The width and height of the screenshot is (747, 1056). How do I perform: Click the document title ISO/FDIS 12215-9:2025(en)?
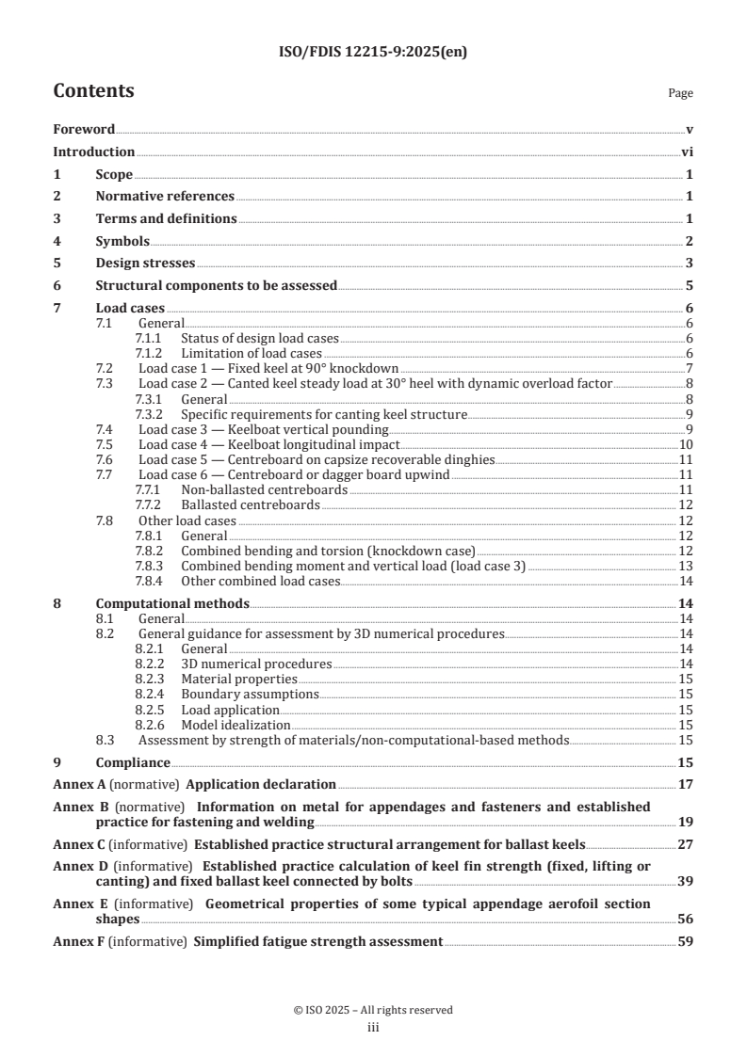[x=373, y=53]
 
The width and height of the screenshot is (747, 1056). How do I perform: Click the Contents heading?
[x=93, y=91]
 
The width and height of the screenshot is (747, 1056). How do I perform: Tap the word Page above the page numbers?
[x=680, y=94]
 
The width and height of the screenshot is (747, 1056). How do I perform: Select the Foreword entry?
[x=84, y=129]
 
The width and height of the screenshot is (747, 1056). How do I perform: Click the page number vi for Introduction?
[x=687, y=152]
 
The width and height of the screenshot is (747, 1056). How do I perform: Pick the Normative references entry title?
[x=165, y=196]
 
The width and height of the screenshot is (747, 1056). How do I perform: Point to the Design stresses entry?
[x=145, y=263]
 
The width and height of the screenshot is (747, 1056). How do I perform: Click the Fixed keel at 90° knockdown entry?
[x=268, y=367]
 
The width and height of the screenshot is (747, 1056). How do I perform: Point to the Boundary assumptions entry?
[x=250, y=695]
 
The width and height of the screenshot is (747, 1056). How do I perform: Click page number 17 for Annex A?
[x=686, y=783]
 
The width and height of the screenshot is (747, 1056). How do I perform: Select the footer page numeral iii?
[x=373, y=1028]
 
